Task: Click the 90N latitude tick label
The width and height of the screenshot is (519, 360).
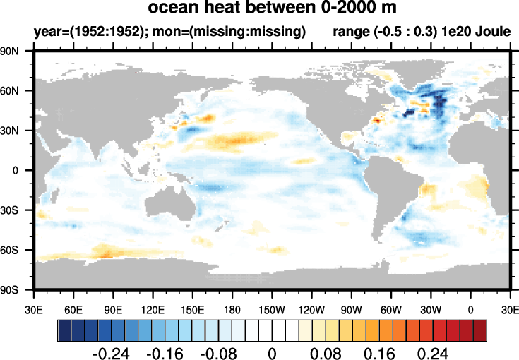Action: (18, 51)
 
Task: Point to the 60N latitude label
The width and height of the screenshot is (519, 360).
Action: (18, 90)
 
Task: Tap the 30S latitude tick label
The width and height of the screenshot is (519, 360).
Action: (18, 210)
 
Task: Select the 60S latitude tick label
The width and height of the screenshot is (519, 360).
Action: (18, 250)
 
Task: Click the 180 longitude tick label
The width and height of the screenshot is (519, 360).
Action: (232, 308)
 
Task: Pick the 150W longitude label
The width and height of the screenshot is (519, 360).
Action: (272, 308)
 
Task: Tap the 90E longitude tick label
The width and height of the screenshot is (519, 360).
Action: (113, 308)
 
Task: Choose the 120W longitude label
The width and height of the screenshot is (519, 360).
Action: (311, 308)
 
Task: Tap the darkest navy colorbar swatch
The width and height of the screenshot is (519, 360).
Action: (64, 330)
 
